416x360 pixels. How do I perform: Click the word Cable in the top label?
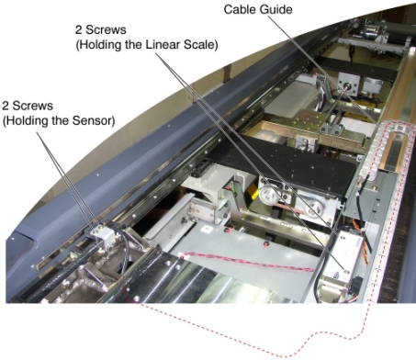238,9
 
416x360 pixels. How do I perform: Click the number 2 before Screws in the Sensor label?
6,106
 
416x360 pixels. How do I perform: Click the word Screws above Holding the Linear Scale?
105,30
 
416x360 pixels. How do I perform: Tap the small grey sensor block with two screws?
102,235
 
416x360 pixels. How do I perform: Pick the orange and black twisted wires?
362,242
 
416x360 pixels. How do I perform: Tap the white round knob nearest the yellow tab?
267,195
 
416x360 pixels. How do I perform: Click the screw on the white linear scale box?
347,271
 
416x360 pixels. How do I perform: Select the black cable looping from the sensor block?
122,248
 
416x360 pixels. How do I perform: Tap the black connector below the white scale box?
356,282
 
